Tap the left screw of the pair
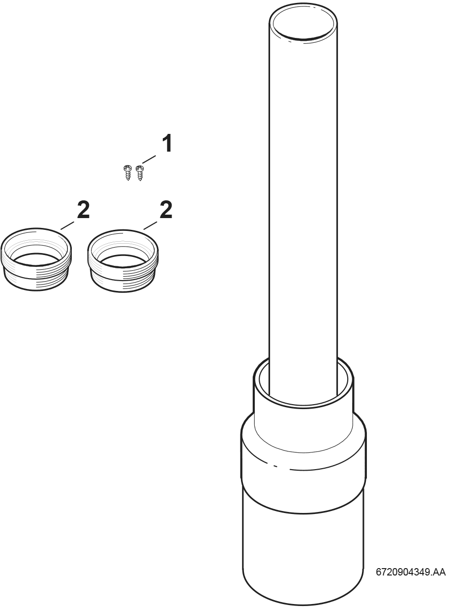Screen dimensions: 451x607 [127, 173]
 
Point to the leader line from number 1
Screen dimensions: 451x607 [149, 160]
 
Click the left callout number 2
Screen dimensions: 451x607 [83, 209]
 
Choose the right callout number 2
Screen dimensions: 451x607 [166, 209]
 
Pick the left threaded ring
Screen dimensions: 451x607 [36, 259]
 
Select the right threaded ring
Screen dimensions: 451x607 [123, 261]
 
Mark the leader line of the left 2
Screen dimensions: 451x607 [67, 225]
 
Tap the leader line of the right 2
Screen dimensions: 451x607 [150, 225]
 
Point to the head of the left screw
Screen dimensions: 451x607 [127, 167]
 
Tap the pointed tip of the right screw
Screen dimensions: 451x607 [140, 181]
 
